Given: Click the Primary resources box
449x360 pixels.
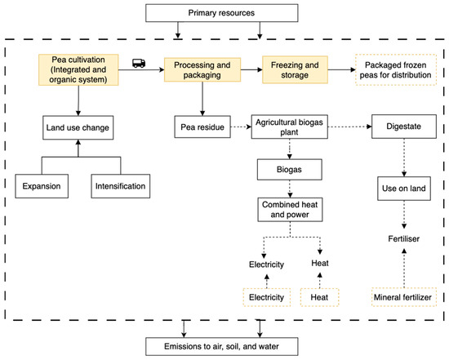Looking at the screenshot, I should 220,14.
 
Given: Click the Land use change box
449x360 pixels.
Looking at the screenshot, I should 78,127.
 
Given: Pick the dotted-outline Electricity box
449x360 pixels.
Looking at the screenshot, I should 267,299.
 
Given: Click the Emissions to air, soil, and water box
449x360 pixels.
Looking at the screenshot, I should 220,345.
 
